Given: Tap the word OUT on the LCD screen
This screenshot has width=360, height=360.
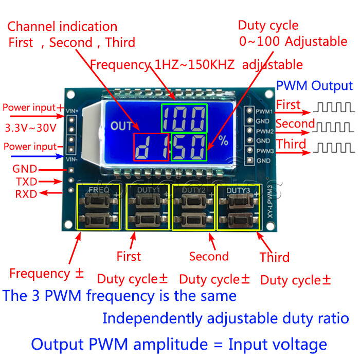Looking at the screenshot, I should (121, 126).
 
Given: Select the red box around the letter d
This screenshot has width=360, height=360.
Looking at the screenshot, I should (151, 147).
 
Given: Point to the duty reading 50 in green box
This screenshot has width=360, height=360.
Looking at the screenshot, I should (189, 147).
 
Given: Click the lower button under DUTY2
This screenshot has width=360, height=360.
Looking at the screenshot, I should (193, 219).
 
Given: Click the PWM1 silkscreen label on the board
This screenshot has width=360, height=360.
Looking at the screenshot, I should (264, 112).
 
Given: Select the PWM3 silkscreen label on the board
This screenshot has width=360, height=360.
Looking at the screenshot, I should (264, 151).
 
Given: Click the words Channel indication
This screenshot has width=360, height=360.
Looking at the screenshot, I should (62, 27).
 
